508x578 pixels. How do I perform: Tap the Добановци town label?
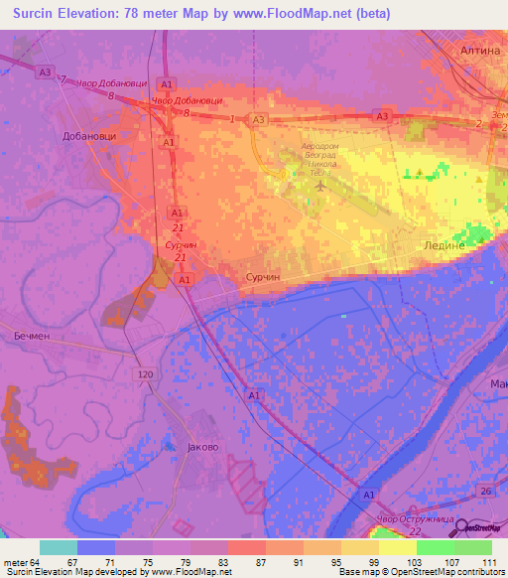coord(89,136)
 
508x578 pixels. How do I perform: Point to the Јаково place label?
coord(202,447)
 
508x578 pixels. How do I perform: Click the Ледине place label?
coord(444,244)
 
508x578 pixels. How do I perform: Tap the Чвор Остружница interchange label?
coord(416,519)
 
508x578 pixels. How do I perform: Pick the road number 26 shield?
coord(485,492)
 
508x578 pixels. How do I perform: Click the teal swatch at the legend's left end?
coord(58,547)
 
